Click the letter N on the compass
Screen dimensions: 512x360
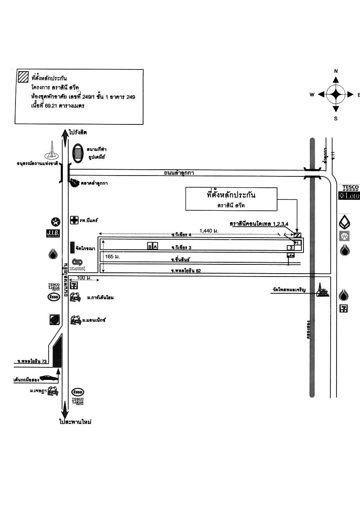click(x=336, y=71)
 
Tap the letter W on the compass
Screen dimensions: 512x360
click(x=312, y=95)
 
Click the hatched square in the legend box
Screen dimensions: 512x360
click(x=23, y=77)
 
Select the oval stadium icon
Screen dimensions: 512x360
click(x=77, y=153)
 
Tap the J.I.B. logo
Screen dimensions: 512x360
click(x=53, y=233)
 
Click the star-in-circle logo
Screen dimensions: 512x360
click(x=55, y=222)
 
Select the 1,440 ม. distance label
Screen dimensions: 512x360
click(x=209, y=230)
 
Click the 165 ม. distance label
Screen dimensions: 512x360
click(x=113, y=256)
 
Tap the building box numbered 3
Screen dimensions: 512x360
click(x=291, y=248)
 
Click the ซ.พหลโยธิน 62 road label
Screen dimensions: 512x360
click(x=186, y=271)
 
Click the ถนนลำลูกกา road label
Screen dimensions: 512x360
click(x=179, y=173)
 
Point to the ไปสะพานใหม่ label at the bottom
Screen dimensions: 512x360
click(x=75, y=422)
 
